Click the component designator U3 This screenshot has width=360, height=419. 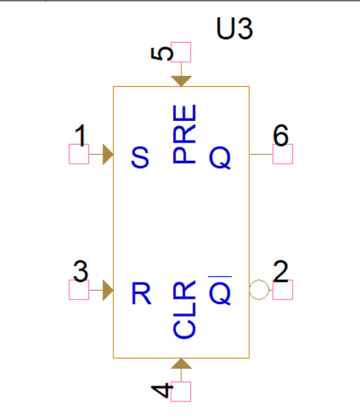(x=235, y=31)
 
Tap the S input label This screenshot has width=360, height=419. (x=140, y=158)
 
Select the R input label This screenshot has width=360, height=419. (x=141, y=293)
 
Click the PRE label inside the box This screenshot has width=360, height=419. (x=185, y=134)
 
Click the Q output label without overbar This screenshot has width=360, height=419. (x=219, y=158)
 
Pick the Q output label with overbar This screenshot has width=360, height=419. (x=219, y=292)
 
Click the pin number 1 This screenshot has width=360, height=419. (x=80, y=137)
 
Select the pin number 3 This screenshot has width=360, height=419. (x=80, y=272)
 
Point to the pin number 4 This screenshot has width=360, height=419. (x=160, y=391)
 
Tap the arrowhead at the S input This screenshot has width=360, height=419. (x=107, y=155)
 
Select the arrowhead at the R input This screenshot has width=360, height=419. (x=107, y=291)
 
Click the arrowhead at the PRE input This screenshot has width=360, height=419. (x=181, y=80)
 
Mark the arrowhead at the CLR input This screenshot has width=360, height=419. (x=181, y=364)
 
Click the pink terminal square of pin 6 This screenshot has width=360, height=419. (x=283, y=155)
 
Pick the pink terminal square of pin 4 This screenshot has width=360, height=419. (x=181, y=391)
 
